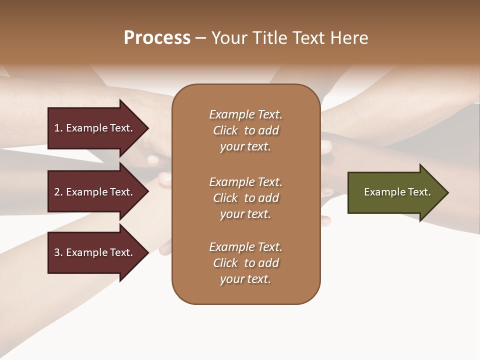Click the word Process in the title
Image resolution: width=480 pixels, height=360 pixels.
point(157,38)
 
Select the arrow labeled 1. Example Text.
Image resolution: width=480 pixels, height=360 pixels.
point(95,128)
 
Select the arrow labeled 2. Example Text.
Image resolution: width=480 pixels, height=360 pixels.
point(95,192)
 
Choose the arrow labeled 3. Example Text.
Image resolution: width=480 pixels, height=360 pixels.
point(95,252)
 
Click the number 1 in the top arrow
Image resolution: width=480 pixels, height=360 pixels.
point(57,128)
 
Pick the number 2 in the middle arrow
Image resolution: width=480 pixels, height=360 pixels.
point(57,192)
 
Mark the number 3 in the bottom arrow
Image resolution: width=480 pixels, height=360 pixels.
point(57,252)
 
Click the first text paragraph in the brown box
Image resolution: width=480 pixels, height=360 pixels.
point(245,130)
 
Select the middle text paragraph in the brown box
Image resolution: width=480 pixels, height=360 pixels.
point(245,198)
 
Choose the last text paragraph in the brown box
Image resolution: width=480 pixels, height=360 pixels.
point(245,263)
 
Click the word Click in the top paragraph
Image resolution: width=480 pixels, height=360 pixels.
point(225,130)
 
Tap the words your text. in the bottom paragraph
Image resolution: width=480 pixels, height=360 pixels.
point(245,279)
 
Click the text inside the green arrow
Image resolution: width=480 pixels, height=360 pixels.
point(397,192)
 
